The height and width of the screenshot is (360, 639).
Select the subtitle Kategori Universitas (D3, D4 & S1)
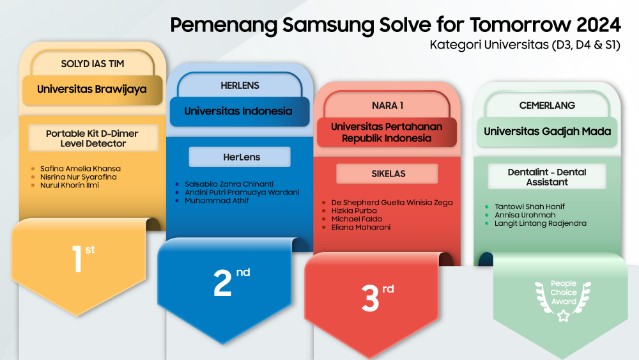(527, 45)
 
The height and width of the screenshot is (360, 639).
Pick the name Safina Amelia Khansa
(81, 169)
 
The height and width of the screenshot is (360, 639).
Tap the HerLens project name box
(240, 157)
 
